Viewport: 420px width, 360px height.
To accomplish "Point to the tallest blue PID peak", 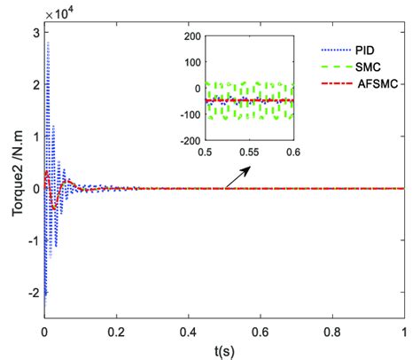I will [x=49, y=43].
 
